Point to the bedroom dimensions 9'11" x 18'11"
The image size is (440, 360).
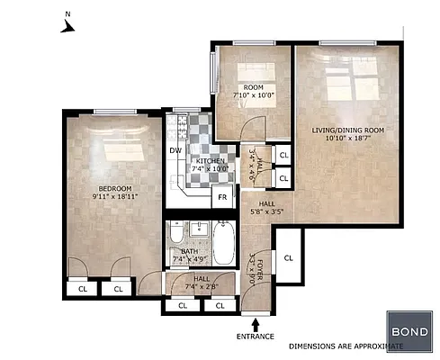(112, 195)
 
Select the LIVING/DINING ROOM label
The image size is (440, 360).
(347, 131)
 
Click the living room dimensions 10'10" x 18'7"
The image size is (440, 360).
(347, 140)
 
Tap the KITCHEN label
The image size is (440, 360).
(211, 160)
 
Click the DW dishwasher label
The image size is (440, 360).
(175, 150)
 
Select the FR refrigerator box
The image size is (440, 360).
(220, 196)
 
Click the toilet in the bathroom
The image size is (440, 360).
(176, 237)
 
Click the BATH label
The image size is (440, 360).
(189, 252)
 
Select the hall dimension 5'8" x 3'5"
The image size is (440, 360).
(267, 213)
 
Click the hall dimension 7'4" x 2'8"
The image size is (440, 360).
(201, 287)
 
